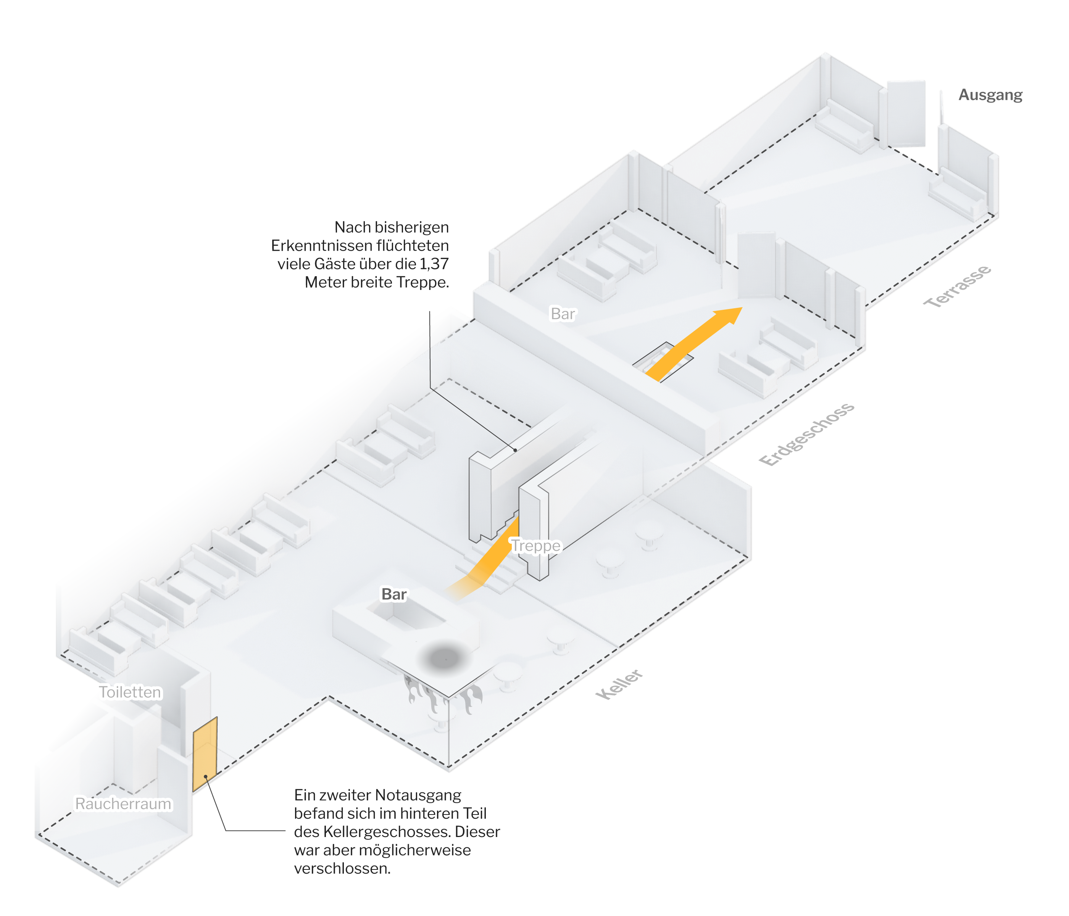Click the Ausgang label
(x=990, y=95)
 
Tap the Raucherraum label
(x=123, y=803)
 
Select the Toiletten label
(x=130, y=692)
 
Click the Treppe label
(x=535, y=546)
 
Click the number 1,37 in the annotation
(x=434, y=264)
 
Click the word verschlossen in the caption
(x=342, y=869)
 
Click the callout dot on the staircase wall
(x=515, y=450)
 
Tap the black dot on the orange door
(x=205, y=776)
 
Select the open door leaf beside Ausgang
(x=906, y=113)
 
